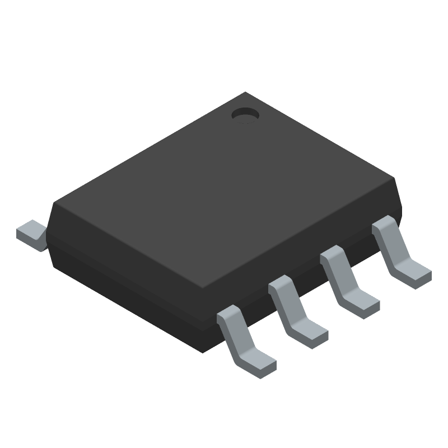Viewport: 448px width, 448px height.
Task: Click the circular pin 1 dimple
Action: click(x=245, y=114)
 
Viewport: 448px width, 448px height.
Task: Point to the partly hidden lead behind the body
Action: click(x=31, y=234)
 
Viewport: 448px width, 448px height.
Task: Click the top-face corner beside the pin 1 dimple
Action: click(x=245, y=94)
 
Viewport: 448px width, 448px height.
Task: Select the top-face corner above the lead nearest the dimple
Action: click(x=394, y=179)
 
